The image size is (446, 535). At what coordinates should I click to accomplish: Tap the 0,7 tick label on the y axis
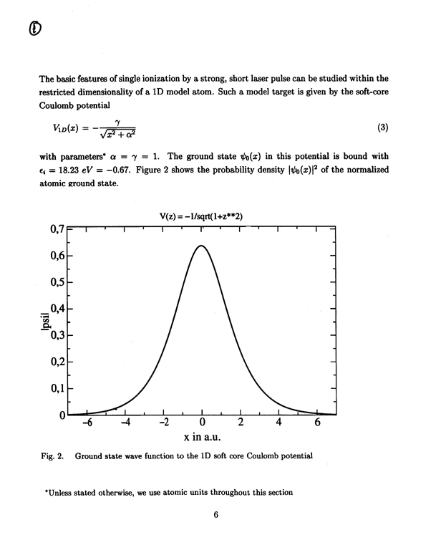click(58, 230)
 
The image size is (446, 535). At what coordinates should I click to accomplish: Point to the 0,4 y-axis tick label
click(58, 309)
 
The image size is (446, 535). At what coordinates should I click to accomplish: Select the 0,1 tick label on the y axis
click(58, 388)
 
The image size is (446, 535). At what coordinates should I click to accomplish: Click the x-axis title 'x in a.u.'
click(203, 438)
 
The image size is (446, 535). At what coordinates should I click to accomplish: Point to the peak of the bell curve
click(202, 246)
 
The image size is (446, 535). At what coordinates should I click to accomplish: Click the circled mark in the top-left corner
click(34, 29)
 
